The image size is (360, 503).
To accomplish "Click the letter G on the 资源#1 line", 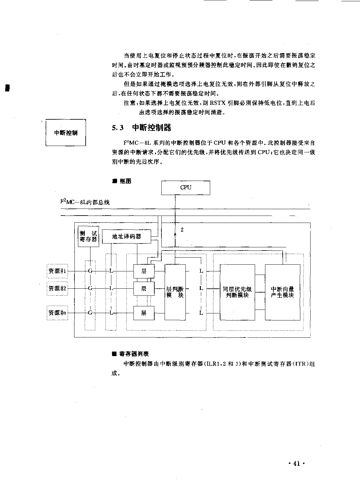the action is pyautogui.click(x=90, y=271).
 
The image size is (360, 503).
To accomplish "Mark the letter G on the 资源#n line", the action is pyautogui.click(x=90, y=312).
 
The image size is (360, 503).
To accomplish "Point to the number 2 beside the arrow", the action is pyautogui.click(x=182, y=230).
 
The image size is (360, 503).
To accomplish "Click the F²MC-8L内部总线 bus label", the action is pyautogui.click(x=85, y=202).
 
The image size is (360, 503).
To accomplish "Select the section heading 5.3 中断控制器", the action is pyautogui.click(x=141, y=128).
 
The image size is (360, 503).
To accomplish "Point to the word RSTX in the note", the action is pyautogui.click(x=218, y=103).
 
